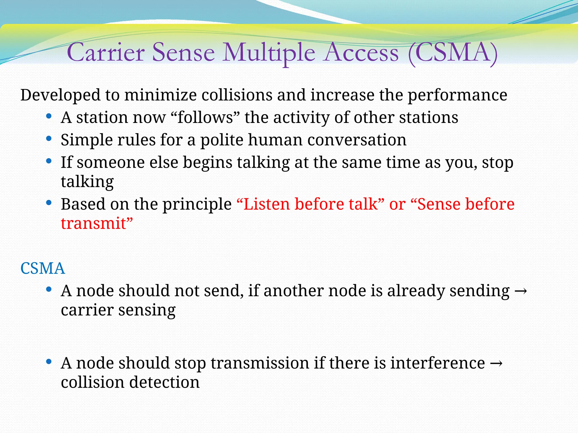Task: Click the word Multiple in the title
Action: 268,53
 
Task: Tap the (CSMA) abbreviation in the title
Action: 453,53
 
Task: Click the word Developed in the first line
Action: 60,95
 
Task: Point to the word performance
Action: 457,95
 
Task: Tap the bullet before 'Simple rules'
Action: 49,139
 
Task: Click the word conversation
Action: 357,140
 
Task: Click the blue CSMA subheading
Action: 43,268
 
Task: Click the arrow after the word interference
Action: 496,363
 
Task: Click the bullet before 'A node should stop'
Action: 49,362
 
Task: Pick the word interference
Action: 437,363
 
